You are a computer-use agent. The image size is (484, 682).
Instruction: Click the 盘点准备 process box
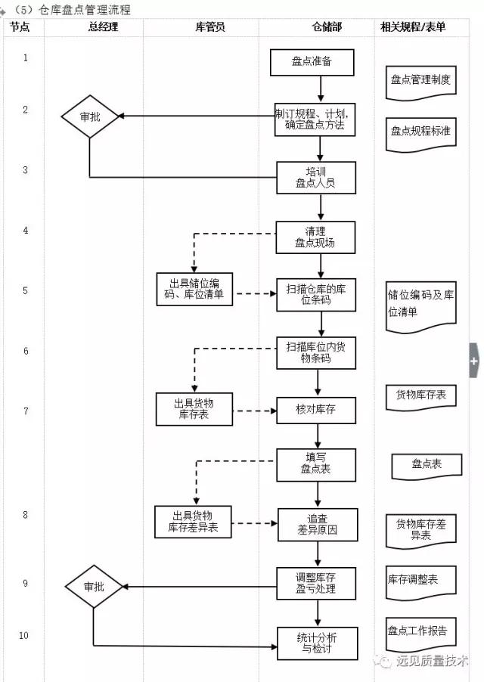click(x=312, y=62)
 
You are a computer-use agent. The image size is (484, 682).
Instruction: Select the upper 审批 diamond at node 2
click(x=90, y=116)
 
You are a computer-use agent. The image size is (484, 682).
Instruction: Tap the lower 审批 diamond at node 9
click(x=94, y=587)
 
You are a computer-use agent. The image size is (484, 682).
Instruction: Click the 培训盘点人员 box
click(x=315, y=177)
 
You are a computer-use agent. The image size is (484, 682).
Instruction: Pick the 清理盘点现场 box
click(x=315, y=237)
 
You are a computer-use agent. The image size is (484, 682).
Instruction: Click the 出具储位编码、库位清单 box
click(x=195, y=290)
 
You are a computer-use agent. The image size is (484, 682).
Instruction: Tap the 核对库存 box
click(x=315, y=411)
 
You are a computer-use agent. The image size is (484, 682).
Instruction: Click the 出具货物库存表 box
click(x=194, y=410)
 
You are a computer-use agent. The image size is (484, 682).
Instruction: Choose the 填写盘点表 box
click(x=315, y=463)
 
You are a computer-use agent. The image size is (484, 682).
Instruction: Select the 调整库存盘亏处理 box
click(x=315, y=583)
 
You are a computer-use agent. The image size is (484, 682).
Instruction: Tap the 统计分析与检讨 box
click(x=315, y=643)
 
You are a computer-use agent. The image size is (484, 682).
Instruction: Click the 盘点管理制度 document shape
click(x=420, y=80)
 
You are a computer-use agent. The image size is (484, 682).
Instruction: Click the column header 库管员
click(x=209, y=27)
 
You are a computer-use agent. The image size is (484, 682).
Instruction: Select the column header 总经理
click(x=103, y=27)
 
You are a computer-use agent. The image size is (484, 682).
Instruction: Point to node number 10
click(x=24, y=635)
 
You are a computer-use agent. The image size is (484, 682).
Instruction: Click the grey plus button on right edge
click(x=475, y=361)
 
